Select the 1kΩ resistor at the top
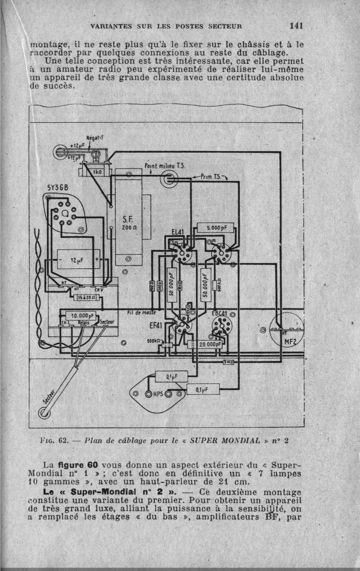coord(97,172)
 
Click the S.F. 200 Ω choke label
coord(128,223)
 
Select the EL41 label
coord(178,232)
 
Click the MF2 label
coord(291,342)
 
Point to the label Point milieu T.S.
coord(165,166)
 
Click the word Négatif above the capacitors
coord(95,138)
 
